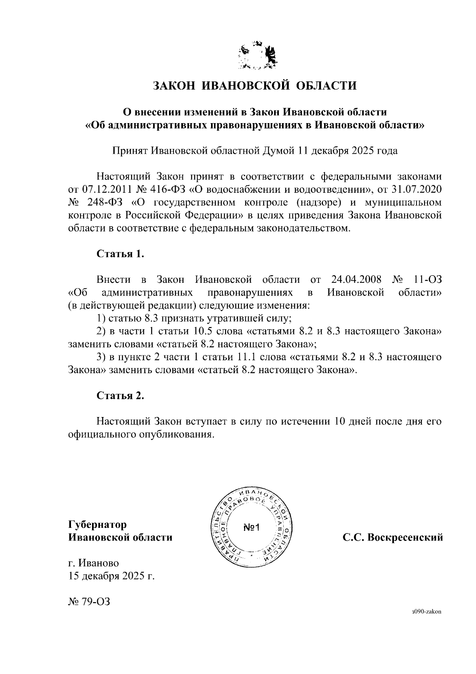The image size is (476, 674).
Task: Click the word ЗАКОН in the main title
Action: (x=175, y=85)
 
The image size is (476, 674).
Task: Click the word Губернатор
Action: (x=98, y=525)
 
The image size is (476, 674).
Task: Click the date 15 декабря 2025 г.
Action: (x=111, y=576)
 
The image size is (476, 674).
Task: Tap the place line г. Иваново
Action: (x=94, y=563)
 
